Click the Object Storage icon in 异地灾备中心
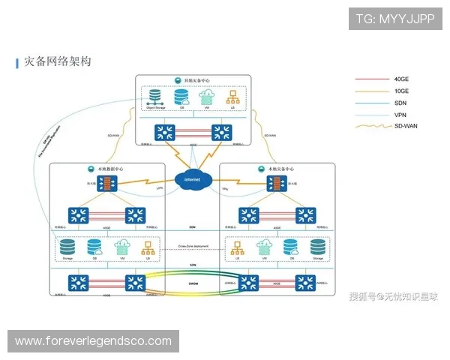[x=154, y=97]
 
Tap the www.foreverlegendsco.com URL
[x=93, y=341]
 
